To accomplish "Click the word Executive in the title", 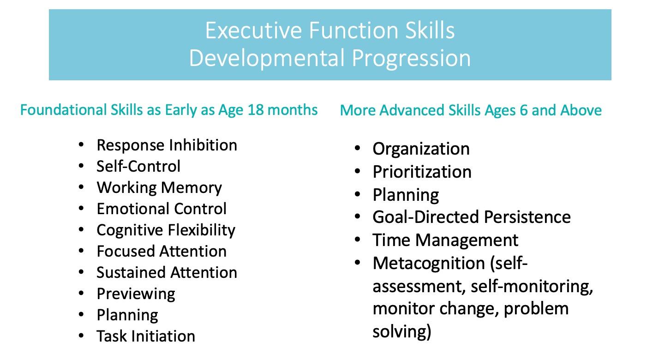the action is [x=254, y=30].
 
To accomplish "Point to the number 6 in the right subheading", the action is [x=524, y=110].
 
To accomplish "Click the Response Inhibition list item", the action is [x=167, y=145].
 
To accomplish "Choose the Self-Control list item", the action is [x=138, y=167].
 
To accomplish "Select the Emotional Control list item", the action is [x=162, y=209].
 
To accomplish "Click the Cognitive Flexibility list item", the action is [x=166, y=231].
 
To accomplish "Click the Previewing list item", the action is [x=136, y=294].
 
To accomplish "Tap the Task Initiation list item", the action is [x=146, y=336].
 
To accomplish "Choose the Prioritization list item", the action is [x=422, y=172].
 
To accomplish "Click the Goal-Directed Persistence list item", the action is [x=472, y=217].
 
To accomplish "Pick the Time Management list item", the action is [x=446, y=240].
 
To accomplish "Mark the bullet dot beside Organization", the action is [x=358, y=148].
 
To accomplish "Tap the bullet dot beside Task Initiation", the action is [x=81, y=336].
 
